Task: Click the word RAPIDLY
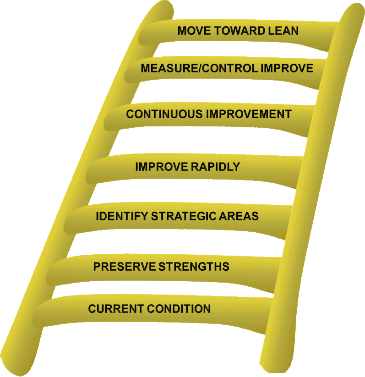pos(215,167)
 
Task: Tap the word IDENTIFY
pos(116,216)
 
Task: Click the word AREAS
pos(241,216)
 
